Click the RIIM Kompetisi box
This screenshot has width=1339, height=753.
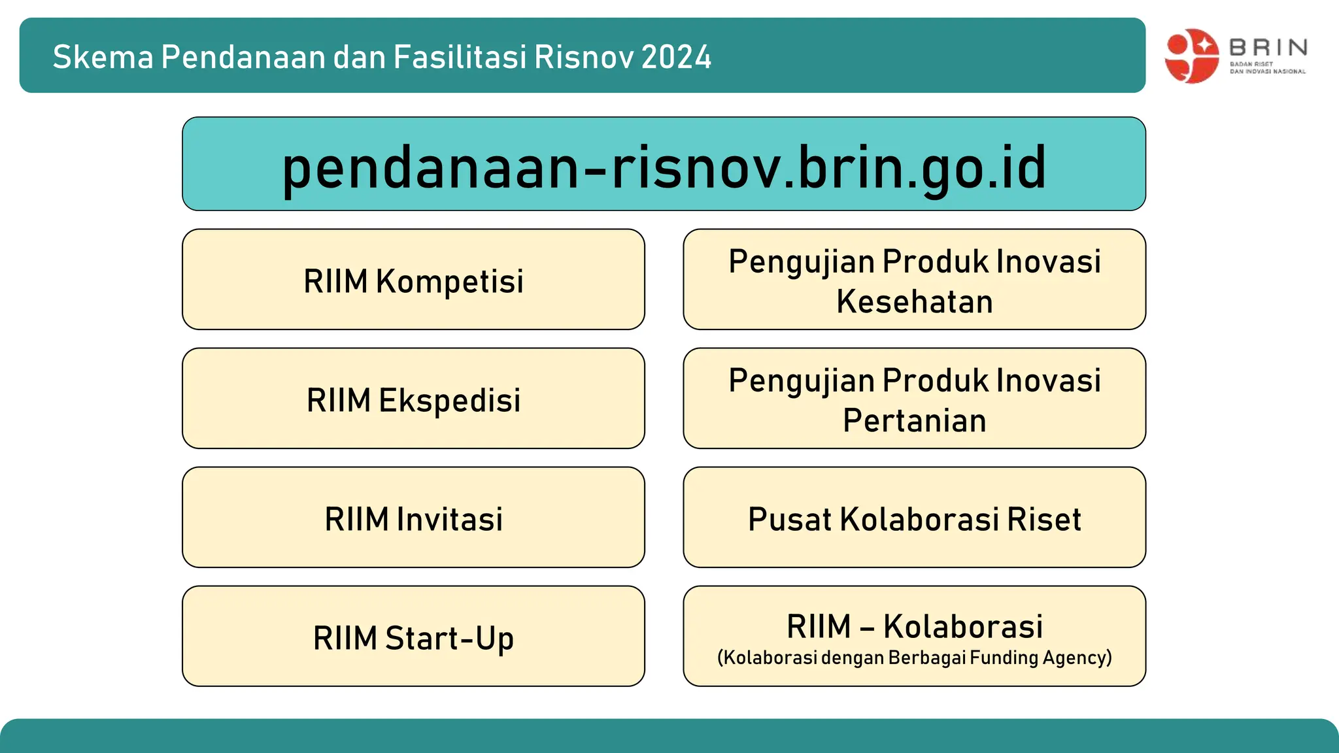pyautogui.click(x=413, y=280)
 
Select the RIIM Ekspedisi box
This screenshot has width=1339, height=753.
pyautogui.click(x=413, y=399)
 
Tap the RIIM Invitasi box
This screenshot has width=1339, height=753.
pyautogui.click(x=413, y=518)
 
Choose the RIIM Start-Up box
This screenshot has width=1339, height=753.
pyautogui.click(x=413, y=637)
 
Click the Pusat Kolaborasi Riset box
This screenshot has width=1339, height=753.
pyautogui.click(x=914, y=518)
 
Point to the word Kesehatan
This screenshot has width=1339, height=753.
pyautogui.click(x=914, y=302)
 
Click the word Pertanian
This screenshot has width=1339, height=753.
pyautogui.click(x=914, y=420)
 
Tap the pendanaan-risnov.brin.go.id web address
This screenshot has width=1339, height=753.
pyautogui.click(x=664, y=167)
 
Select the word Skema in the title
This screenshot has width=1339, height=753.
pyautogui.click(x=103, y=57)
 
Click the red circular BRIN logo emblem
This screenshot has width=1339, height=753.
pyautogui.click(x=1191, y=56)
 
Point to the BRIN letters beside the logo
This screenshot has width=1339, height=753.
pyautogui.click(x=1268, y=47)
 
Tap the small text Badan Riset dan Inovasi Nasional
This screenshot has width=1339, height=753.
pyautogui.click(x=1267, y=68)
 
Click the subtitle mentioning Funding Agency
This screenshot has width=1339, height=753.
pyautogui.click(x=914, y=658)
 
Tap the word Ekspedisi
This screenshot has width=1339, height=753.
pyautogui.click(x=449, y=400)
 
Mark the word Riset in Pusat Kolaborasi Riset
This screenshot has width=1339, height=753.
pyautogui.click(x=1043, y=519)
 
